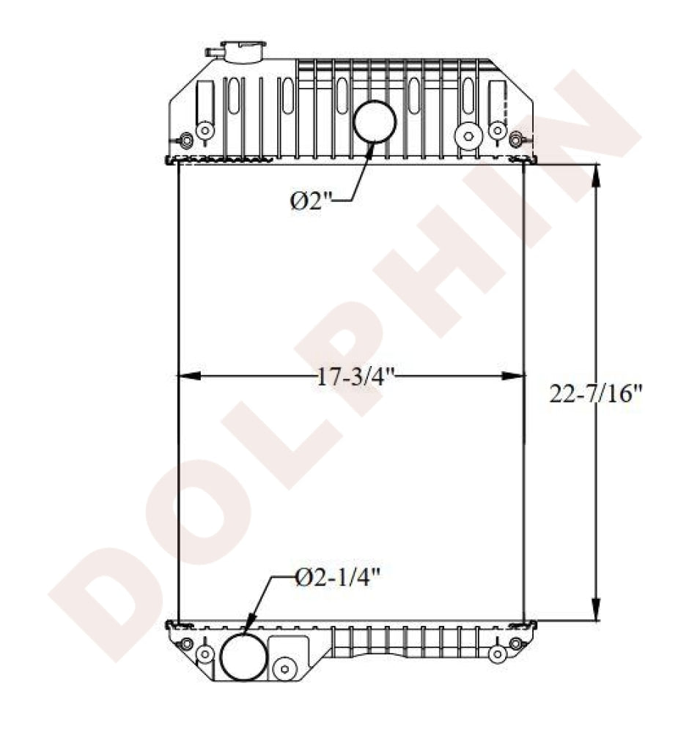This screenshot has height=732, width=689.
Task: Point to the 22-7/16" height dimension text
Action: (595, 395)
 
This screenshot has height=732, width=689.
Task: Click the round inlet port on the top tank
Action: (375, 122)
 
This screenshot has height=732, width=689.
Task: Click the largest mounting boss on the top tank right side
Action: (466, 135)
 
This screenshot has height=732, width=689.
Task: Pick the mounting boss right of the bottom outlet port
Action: (283, 668)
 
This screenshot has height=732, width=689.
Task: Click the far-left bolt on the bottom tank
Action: (185, 643)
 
